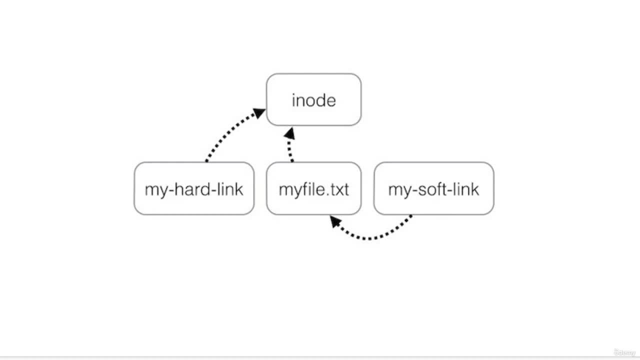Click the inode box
(313, 99)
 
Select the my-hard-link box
(194, 188)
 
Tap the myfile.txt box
(313, 188)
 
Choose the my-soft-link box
(433, 188)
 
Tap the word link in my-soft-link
(466, 189)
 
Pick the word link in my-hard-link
(230, 189)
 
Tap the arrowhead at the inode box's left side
(259, 112)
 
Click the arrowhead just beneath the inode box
(289, 133)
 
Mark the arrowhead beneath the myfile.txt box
(335, 221)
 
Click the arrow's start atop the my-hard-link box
(206, 161)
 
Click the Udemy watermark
(624, 352)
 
